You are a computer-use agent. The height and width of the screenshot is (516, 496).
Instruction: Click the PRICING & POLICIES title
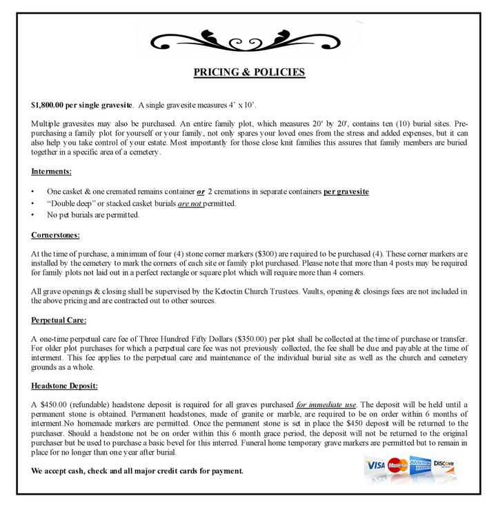(x=248, y=72)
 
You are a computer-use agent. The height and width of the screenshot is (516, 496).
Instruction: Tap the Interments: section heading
(x=52, y=170)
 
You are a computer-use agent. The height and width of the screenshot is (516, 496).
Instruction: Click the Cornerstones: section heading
(x=56, y=235)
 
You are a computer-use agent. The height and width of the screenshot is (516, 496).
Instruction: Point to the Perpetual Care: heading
(x=59, y=320)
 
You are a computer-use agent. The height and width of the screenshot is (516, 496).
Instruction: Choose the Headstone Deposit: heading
(x=65, y=385)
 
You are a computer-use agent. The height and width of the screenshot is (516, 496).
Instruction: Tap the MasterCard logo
(x=397, y=467)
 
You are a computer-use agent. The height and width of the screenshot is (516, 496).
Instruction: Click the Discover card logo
(x=444, y=466)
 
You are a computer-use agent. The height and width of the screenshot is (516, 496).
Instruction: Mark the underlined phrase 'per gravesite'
(x=346, y=190)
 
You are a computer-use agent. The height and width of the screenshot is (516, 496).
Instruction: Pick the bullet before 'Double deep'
(x=33, y=203)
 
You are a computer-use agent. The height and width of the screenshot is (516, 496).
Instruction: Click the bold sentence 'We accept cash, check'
(x=137, y=471)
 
